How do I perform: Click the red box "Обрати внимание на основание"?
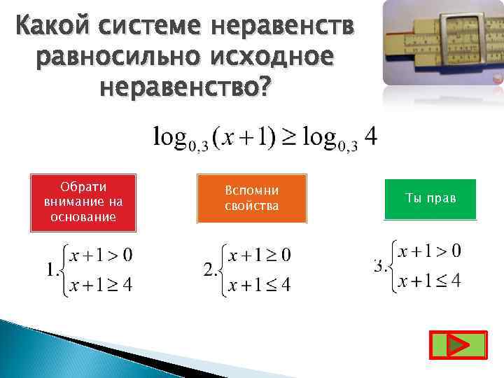pos(83,202)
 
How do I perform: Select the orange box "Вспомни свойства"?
pos(252,199)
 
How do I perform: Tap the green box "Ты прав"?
pos(430,199)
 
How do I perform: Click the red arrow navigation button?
pos(457,346)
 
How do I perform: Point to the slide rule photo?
pos(443,43)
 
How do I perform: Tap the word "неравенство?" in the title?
pos(184,89)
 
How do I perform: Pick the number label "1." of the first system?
pos(52,269)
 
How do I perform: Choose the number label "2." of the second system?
pos(211,269)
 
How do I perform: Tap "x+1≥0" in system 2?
pos(261,254)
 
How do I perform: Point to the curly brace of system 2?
pos(223,269)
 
